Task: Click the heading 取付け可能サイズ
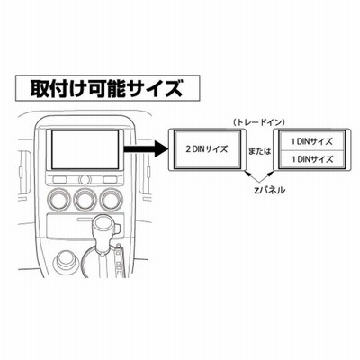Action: coord(106,88)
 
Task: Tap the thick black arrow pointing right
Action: coord(145,148)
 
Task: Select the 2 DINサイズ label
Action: coord(207,149)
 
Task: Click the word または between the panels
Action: coord(259,151)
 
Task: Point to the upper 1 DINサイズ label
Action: coord(312,141)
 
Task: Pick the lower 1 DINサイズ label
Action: coord(312,159)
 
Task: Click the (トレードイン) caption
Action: coord(259,122)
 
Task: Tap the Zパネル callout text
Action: coord(269,190)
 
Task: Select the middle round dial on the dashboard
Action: coord(85,199)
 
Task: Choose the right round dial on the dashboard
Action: coord(112,199)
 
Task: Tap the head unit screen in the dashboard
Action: coord(85,149)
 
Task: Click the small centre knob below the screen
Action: coord(85,180)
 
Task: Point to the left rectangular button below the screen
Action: coord(59,180)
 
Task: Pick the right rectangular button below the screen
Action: coord(111,180)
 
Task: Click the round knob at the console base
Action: coord(66,260)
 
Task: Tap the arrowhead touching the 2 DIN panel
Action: coord(247,174)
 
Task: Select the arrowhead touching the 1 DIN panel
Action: coord(271,174)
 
